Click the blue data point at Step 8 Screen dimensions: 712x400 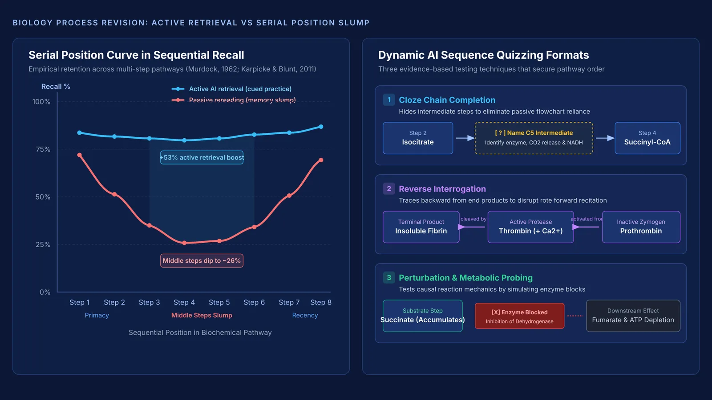(x=321, y=127)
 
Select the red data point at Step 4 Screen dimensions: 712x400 (x=184, y=243)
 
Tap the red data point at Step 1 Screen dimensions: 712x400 (x=80, y=155)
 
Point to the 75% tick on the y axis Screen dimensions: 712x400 (x=43, y=149)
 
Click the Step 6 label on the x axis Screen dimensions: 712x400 (x=254, y=302)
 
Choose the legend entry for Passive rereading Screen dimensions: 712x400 (x=234, y=100)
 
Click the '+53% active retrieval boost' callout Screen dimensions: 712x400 (x=202, y=157)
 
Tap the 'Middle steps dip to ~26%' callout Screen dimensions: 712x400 (x=202, y=260)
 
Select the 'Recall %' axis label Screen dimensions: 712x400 (x=56, y=86)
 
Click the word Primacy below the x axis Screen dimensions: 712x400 (x=97, y=315)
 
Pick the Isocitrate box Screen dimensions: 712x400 (x=418, y=138)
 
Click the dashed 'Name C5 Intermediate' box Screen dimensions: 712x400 (x=534, y=138)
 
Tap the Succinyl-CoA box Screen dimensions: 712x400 (x=647, y=138)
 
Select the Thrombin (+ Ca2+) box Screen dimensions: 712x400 (x=530, y=227)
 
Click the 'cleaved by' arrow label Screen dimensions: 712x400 (x=473, y=219)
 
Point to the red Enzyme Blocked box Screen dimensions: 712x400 (x=519, y=316)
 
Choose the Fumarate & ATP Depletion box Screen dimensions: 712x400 (x=633, y=316)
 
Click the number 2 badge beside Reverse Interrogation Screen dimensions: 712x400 (x=389, y=188)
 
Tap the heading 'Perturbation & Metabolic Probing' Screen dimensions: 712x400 (x=465, y=278)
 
